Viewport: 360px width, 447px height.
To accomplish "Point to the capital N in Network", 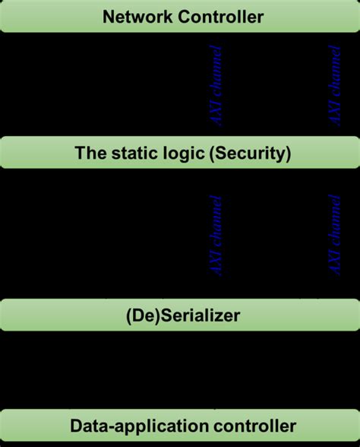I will [108, 16].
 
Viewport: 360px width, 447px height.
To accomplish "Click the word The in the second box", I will [88, 153].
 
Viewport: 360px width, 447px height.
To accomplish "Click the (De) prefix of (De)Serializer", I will [138, 314].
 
